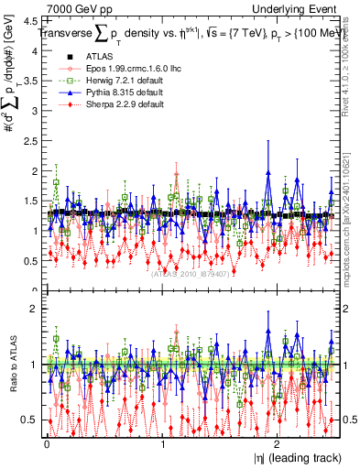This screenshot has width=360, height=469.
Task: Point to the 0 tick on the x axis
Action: [46, 443]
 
